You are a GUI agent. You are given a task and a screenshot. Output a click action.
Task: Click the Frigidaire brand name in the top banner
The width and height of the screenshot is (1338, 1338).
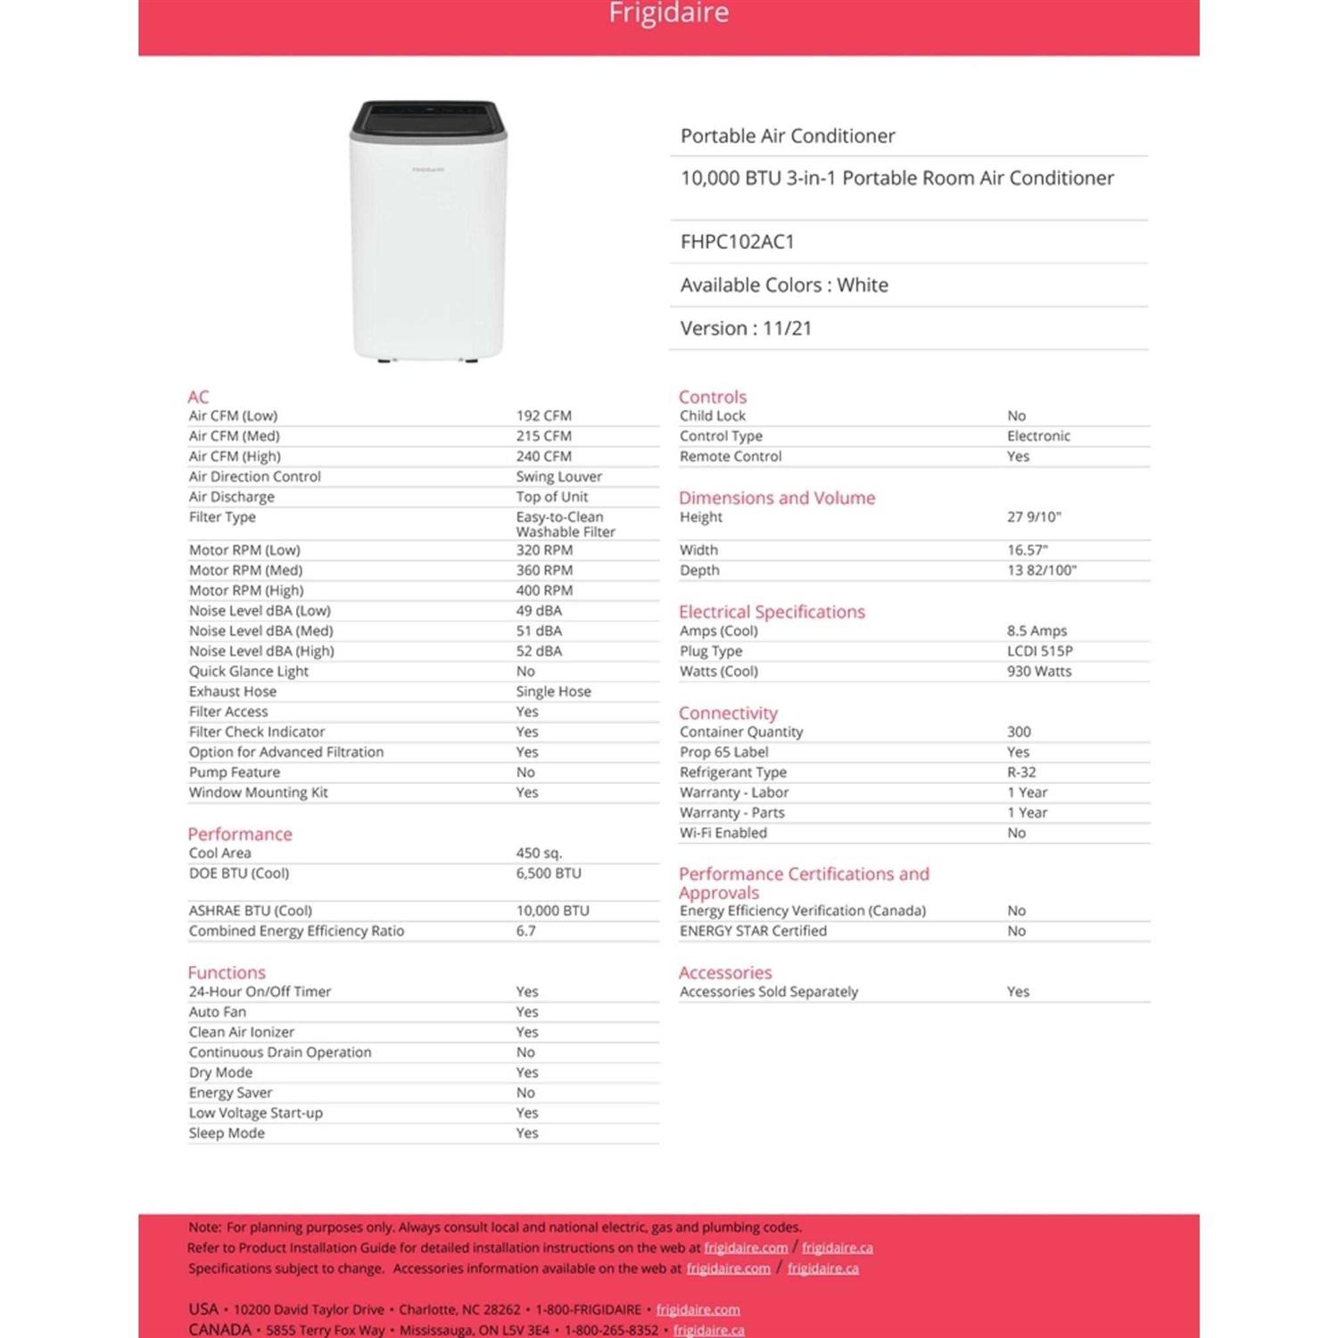tap(668, 13)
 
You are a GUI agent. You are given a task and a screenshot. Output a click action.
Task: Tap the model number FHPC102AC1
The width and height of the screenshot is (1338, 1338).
tap(737, 242)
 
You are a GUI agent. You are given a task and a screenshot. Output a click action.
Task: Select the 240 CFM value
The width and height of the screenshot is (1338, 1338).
tap(543, 457)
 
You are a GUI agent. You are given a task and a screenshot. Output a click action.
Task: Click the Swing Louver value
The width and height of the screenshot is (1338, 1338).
tap(558, 477)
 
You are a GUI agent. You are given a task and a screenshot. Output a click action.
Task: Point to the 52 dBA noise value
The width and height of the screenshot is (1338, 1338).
tap(539, 651)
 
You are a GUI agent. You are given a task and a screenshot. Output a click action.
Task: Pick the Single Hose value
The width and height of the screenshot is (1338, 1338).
tap(553, 692)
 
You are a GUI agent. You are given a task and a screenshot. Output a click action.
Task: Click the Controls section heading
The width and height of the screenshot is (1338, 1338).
tap(712, 397)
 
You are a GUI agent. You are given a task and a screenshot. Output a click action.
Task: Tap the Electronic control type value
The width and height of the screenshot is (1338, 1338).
tap(1038, 436)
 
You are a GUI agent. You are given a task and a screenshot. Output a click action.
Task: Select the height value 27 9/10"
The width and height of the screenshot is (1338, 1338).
tap(1034, 517)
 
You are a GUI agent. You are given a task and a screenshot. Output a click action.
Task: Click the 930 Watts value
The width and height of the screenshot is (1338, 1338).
tap(1039, 672)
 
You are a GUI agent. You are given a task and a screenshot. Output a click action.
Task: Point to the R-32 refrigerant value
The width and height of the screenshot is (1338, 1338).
tap(1021, 772)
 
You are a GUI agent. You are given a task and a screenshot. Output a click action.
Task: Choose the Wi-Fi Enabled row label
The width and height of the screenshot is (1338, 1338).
tap(723, 833)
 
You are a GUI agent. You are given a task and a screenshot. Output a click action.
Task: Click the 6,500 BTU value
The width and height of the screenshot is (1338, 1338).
tap(548, 874)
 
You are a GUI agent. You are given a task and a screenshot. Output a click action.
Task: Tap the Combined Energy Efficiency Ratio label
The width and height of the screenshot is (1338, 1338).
tap(296, 931)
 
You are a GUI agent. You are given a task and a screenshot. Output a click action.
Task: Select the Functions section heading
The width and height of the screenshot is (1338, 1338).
tap(227, 972)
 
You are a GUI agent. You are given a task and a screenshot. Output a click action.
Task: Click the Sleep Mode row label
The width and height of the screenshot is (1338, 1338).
tap(227, 1134)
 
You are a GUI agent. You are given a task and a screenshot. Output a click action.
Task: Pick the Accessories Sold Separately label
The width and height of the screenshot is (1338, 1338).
tap(768, 992)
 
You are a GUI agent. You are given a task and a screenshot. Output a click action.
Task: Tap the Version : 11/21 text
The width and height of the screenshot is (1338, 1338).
tap(746, 328)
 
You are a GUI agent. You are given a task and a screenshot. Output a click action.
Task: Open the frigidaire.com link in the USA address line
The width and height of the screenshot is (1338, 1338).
tap(698, 1309)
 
